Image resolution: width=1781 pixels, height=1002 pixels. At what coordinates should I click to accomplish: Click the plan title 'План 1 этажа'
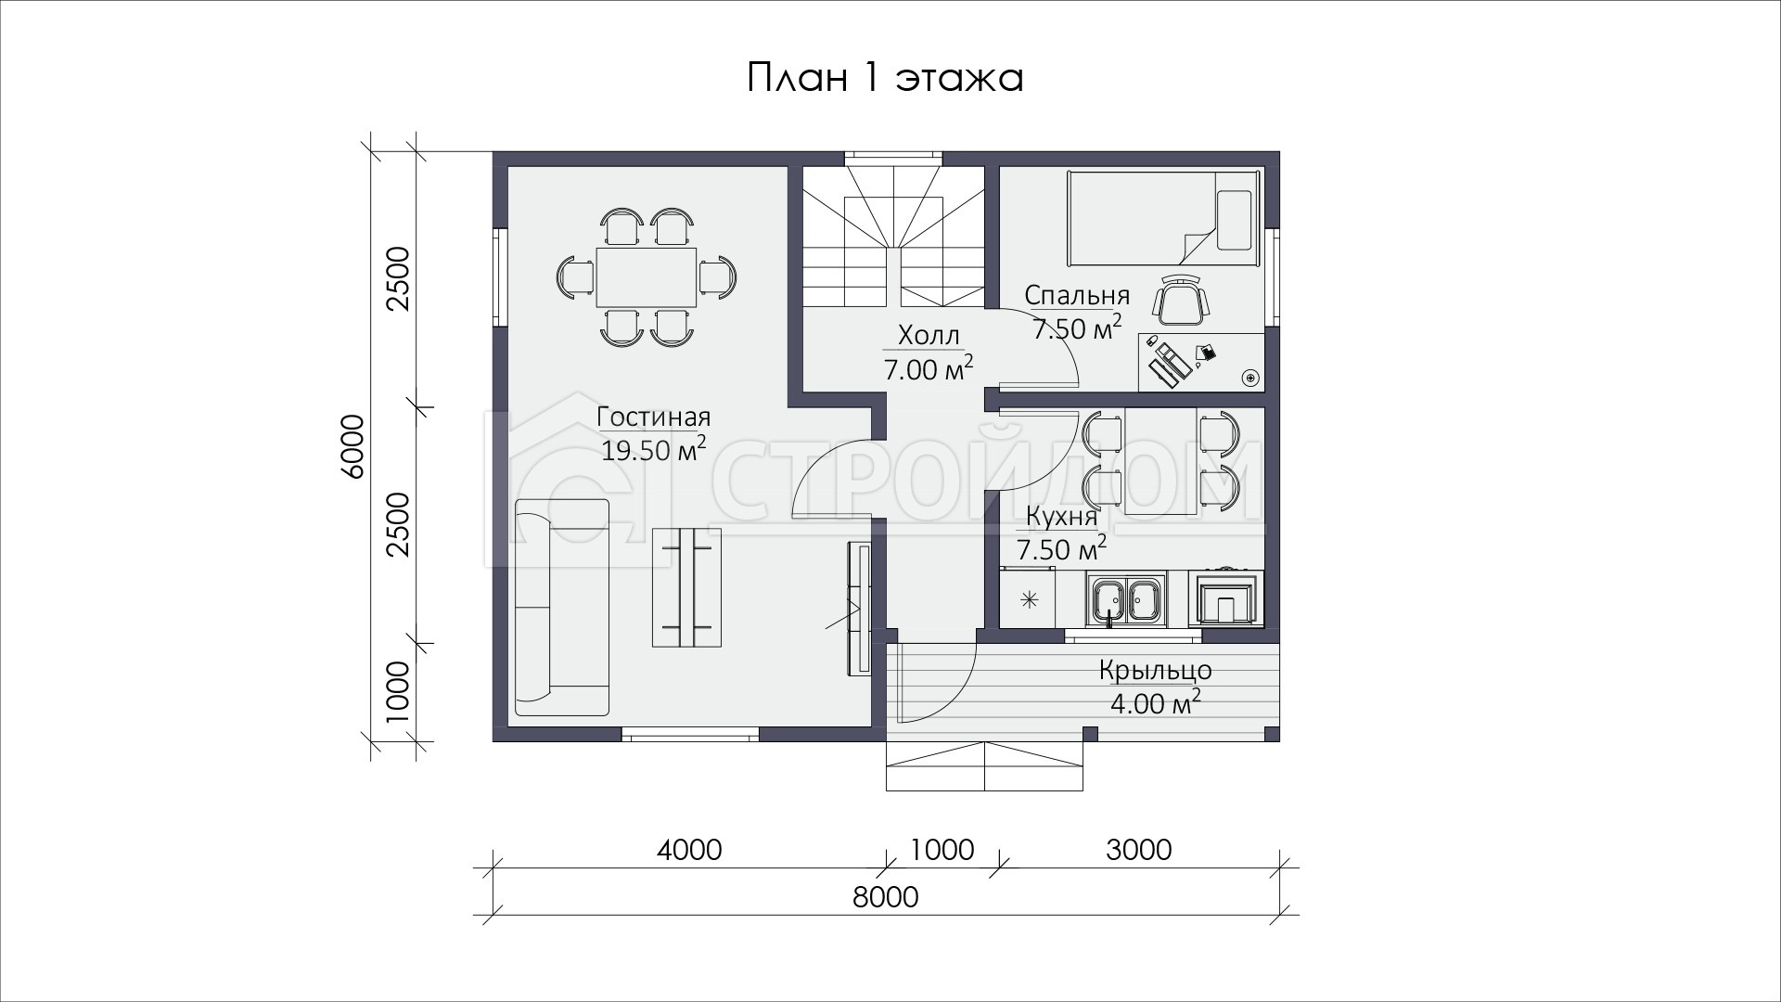885,78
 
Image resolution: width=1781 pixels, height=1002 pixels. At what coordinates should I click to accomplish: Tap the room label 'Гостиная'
654,417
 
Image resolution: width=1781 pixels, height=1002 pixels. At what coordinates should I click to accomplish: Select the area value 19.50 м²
654,450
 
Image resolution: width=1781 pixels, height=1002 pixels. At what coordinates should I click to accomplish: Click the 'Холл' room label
929,335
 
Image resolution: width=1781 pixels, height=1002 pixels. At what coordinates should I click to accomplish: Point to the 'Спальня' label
1077,296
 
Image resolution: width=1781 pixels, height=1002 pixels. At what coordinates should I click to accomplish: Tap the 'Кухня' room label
1062,516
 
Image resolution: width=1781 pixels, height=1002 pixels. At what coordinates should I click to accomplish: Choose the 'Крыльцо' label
1156,670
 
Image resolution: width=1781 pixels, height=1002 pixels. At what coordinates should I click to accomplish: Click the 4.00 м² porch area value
1156,702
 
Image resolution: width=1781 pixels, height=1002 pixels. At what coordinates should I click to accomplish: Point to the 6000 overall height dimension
352,446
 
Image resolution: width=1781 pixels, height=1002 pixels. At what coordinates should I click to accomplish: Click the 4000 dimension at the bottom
689,850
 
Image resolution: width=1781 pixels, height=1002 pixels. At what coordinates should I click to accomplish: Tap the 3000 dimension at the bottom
1139,850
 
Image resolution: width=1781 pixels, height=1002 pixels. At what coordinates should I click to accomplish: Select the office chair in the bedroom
1182,300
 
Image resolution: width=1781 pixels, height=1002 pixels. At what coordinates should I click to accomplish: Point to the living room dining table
647,276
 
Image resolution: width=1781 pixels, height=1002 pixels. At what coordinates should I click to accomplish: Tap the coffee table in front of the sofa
687,587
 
